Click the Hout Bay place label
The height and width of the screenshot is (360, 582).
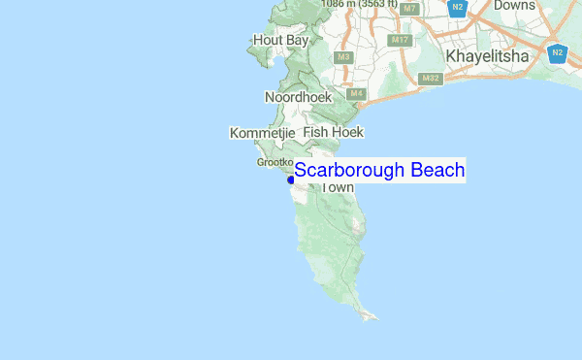tap(279, 40)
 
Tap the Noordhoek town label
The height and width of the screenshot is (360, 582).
tap(298, 97)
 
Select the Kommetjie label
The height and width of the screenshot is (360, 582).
tap(262, 132)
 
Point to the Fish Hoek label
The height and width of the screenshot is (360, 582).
tap(333, 131)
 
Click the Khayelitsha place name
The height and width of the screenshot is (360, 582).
tap(487, 57)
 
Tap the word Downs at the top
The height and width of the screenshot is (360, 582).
tap(514, 6)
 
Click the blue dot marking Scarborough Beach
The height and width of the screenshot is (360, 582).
tap(291, 180)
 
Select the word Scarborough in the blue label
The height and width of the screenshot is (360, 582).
tap(349, 171)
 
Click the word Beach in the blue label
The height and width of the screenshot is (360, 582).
tap(436, 171)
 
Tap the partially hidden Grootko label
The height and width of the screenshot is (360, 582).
tap(275, 162)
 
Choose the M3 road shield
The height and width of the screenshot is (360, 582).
tap(343, 57)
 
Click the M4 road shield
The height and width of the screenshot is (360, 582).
tap(356, 93)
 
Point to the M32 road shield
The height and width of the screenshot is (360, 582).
tap(431, 78)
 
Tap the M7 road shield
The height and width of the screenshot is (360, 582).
tap(410, 9)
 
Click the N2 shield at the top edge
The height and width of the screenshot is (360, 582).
tap(458, 8)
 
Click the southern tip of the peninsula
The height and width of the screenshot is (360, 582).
tap(372, 316)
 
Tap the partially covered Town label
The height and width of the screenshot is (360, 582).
tap(337, 187)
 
